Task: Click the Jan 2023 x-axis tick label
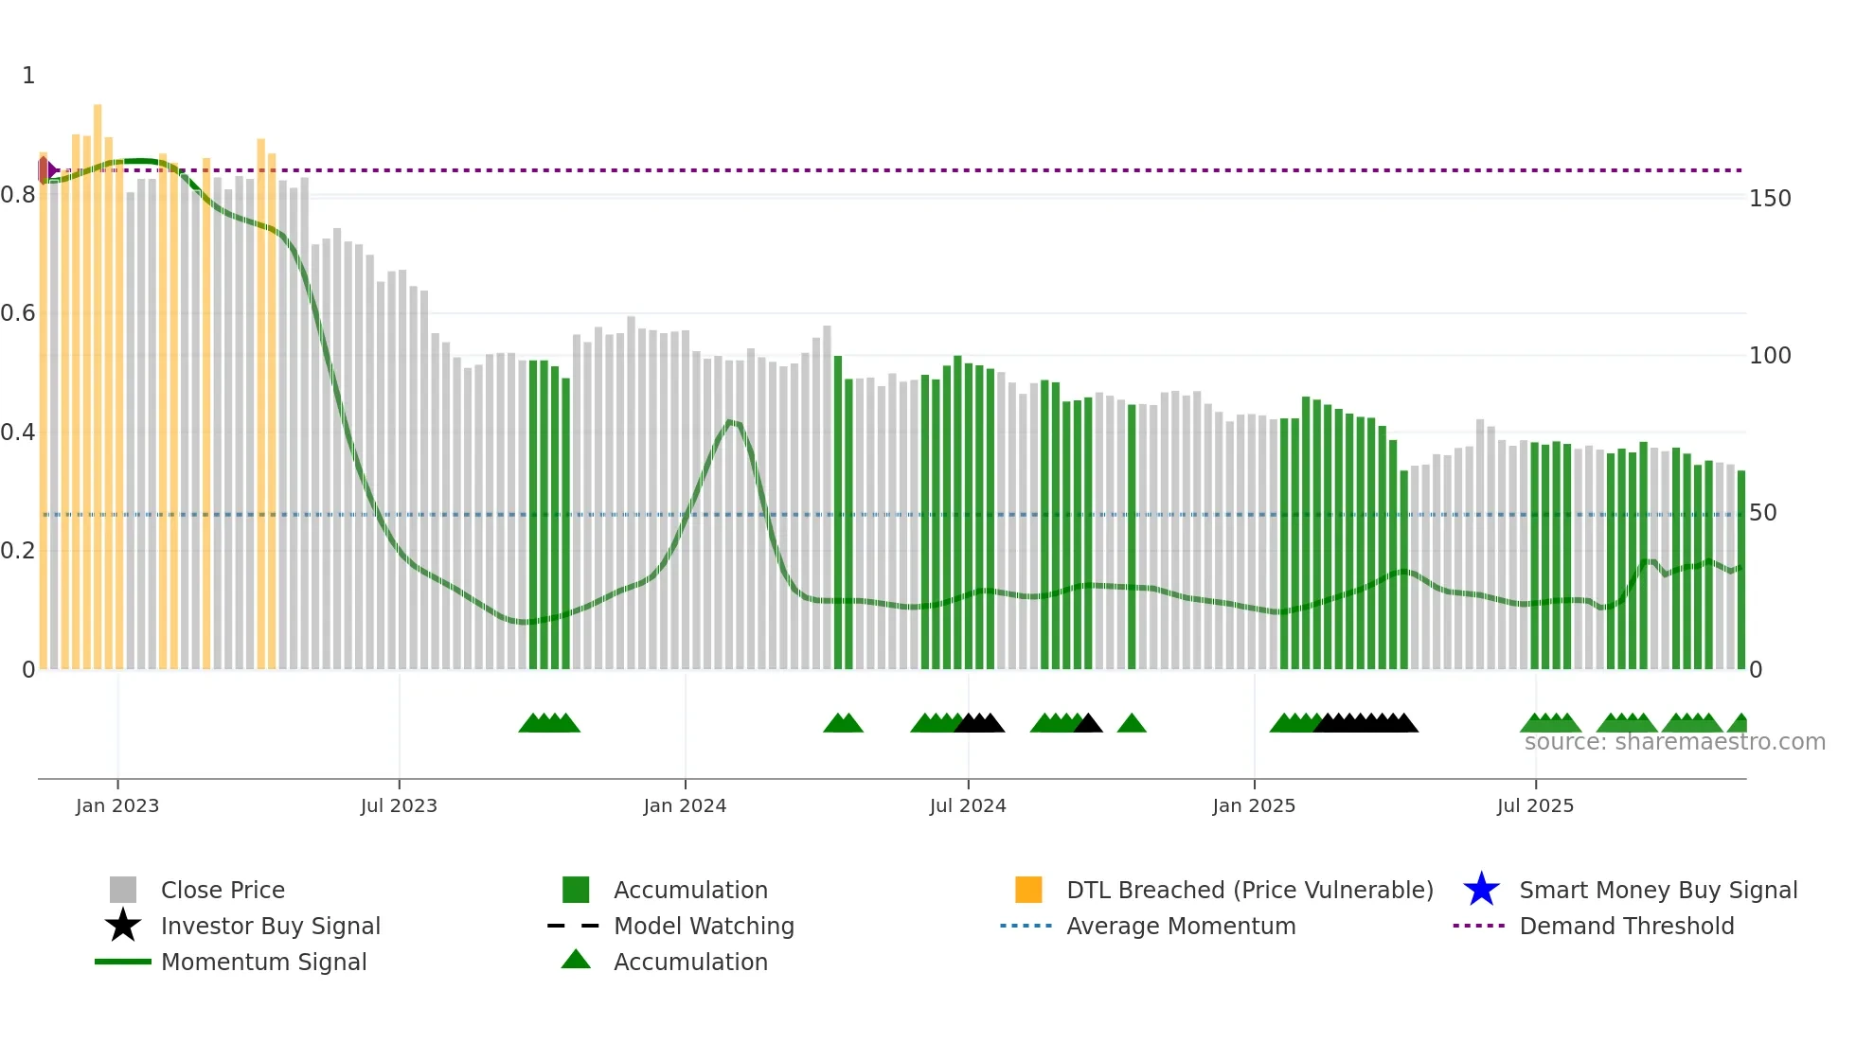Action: [x=117, y=805]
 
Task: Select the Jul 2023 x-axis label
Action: [x=399, y=805]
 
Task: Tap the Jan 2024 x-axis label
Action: [x=685, y=805]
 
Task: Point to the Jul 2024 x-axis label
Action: [x=968, y=805]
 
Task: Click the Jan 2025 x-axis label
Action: [x=1254, y=805]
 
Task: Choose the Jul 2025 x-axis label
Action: [x=1535, y=805]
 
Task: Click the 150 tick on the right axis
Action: [x=1770, y=199]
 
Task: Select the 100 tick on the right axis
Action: [x=1770, y=356]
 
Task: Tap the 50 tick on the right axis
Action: [x=1763, y=513]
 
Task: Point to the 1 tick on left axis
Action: [x=28, y=76]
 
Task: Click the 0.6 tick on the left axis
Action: [x=19, y=313]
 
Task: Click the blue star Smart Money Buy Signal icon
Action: [x=1481, y=890]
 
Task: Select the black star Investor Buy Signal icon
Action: [x=123, y=926]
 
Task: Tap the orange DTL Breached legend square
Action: [x=1028, y=890]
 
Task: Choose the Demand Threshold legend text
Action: [x=1626, y=926]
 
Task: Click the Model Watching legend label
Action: [x=704, y=926]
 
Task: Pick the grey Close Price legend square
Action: [x=123, y=890]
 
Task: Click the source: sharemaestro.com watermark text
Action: [x=1674, y=742]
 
